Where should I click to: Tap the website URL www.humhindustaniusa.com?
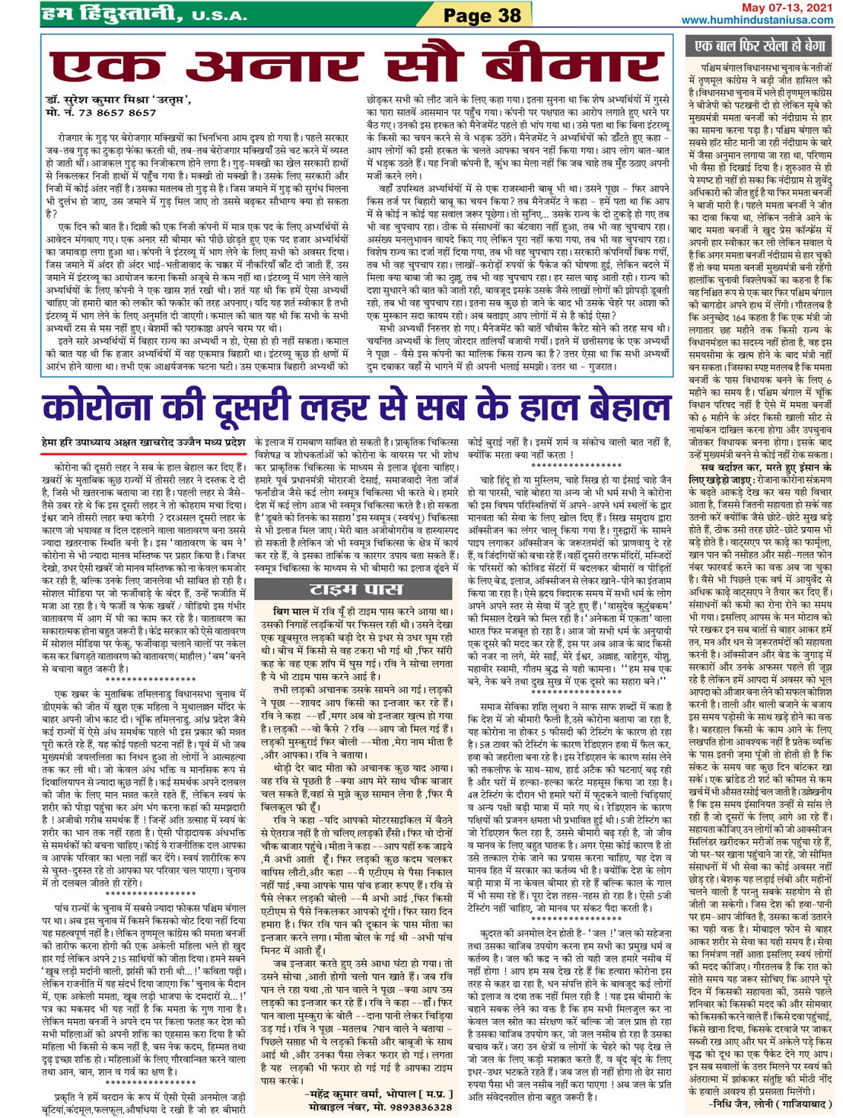(758, 20)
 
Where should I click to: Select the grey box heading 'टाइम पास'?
(356, 589)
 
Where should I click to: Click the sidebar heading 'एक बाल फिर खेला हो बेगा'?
(760, 46)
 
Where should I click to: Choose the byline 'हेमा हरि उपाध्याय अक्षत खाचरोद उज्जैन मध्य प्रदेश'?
(143, 442)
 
